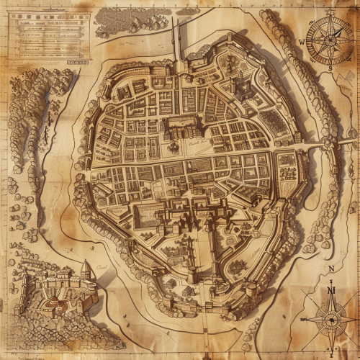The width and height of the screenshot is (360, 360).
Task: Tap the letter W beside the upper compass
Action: coord(301,42)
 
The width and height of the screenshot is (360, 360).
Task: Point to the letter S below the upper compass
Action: coord(330,70)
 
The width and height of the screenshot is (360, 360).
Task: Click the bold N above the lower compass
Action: coord(331,290)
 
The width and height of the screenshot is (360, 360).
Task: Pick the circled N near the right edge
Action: coord(330,269)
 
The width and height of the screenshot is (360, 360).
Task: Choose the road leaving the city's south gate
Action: coord(204,331)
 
